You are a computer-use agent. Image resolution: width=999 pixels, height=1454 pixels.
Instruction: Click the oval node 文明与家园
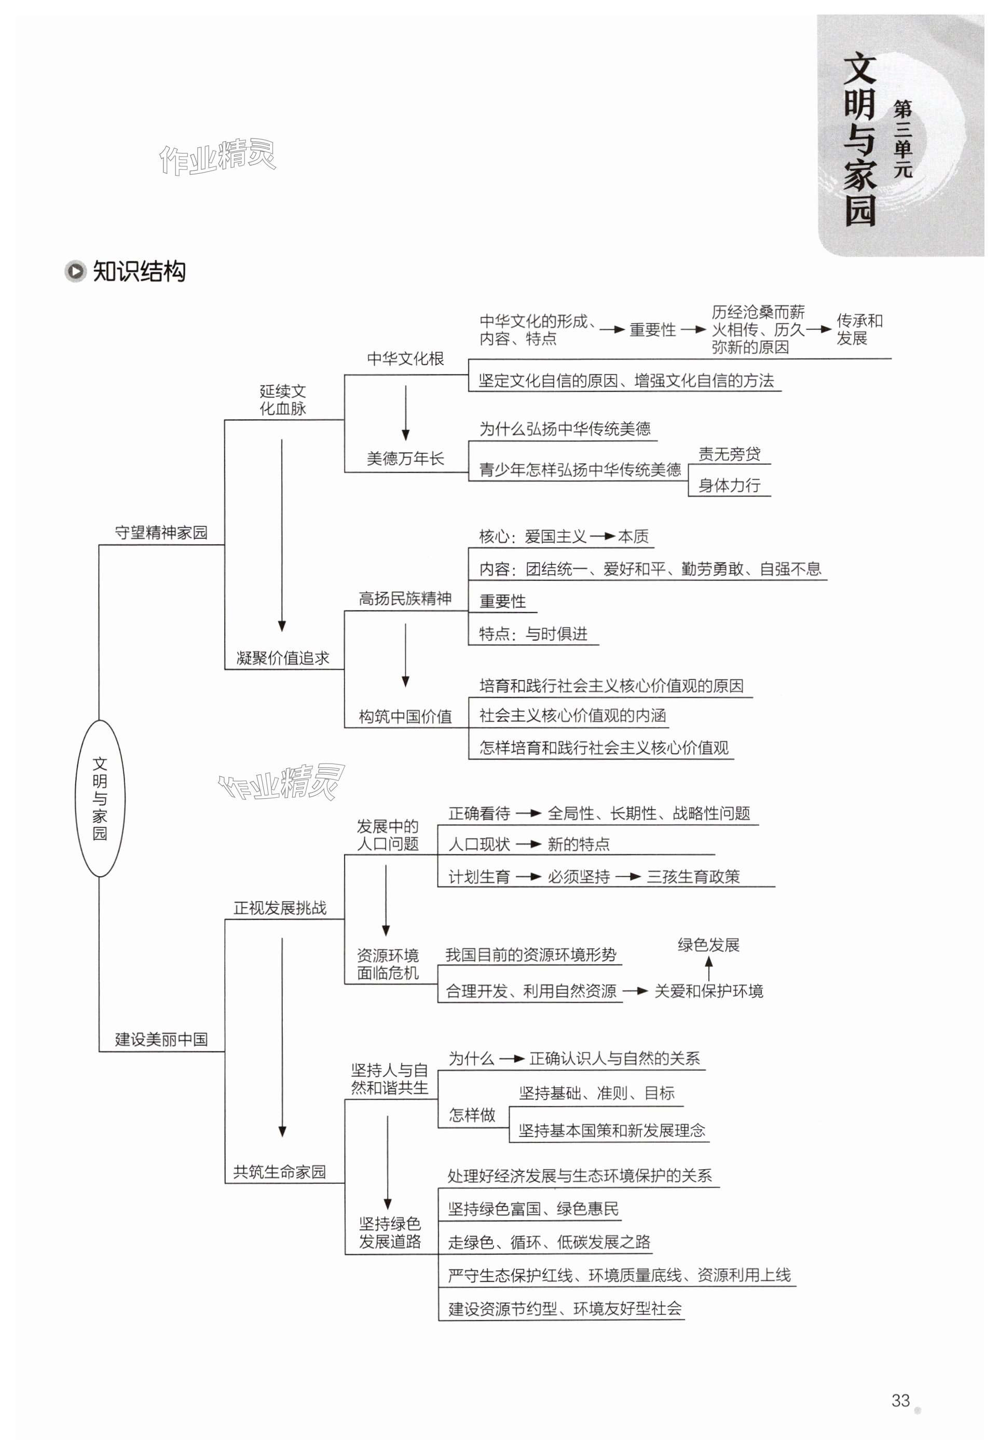(x=100, y=798)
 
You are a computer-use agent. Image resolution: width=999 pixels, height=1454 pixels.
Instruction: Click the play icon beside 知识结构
(x=76, y=271)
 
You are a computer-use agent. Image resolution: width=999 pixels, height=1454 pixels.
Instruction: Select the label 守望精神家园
(x=161, y=532)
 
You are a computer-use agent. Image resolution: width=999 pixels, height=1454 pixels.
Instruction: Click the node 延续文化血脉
(x=283, y=400)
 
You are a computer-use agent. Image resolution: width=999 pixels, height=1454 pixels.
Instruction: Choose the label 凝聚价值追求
(x=283, y=658)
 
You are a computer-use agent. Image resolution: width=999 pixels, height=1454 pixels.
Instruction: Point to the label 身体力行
(x=729, y=485)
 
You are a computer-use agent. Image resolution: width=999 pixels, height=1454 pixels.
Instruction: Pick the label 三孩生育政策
(x=693, y=877)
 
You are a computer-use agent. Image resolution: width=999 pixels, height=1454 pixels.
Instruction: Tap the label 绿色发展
(x=708, y=945)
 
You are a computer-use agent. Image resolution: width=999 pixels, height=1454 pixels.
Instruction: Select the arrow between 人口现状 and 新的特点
(x=528, y=844)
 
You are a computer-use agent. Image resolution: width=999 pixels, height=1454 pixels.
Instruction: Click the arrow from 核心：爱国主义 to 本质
(x=601, y=536)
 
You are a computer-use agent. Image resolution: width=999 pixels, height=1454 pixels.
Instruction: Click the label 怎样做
(x=472, y=1114)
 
